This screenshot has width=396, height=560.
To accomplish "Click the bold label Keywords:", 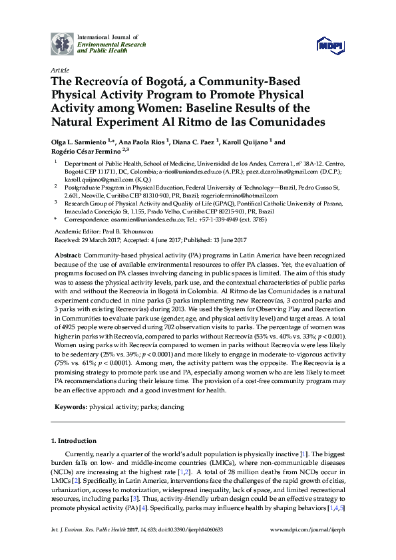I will [71, 406].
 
